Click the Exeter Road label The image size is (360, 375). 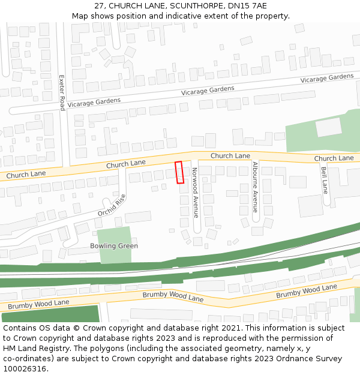click(x=61, y=92)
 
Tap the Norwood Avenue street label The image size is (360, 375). click(x=195, y=192)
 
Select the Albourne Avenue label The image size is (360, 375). click(x=255, y=187)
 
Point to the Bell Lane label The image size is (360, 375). click(x=324, y=180)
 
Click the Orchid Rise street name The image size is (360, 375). click(x=112, y=206)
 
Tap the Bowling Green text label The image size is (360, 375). click(x=114, y=246)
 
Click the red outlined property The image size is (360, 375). click(x=179, y=172)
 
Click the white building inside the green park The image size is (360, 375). click(x=328, y=127)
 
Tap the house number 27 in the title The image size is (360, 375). click(x=99, y=6)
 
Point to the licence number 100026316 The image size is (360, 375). click(x=24, y=369)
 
